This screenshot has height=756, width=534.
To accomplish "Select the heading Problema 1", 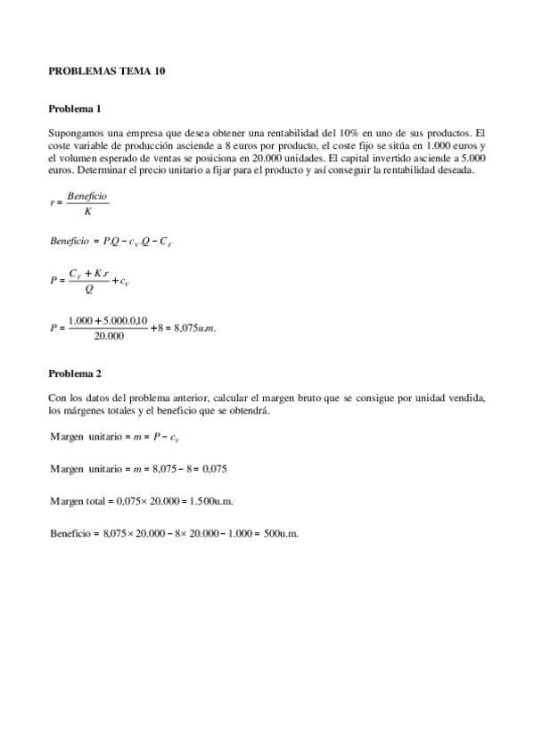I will [75, 109].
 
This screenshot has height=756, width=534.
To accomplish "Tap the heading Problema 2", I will [75, 373].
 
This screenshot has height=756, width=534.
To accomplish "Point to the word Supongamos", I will [75, 133].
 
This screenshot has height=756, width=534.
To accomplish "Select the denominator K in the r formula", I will [86, 211].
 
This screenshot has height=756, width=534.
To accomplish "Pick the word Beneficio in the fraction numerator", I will [87, 195].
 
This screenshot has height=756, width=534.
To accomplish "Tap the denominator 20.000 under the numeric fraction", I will [108, 336].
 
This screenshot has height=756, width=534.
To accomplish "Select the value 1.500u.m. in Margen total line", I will [213, 500].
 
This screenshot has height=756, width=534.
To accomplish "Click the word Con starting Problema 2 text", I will [57, 398].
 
